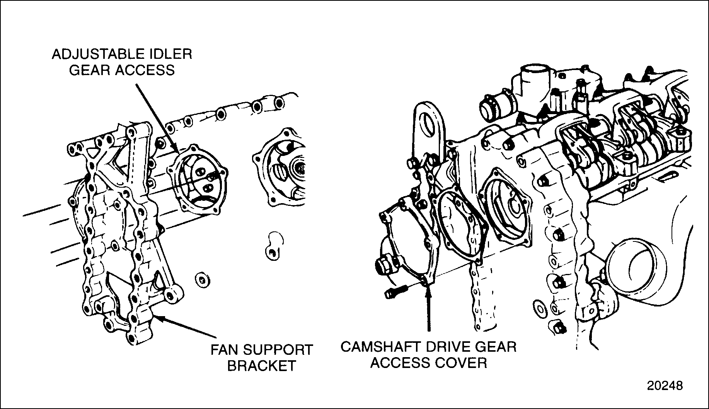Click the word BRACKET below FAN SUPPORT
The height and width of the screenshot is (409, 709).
coord(261,366)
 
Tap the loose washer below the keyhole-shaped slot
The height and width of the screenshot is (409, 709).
coord(202,280)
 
